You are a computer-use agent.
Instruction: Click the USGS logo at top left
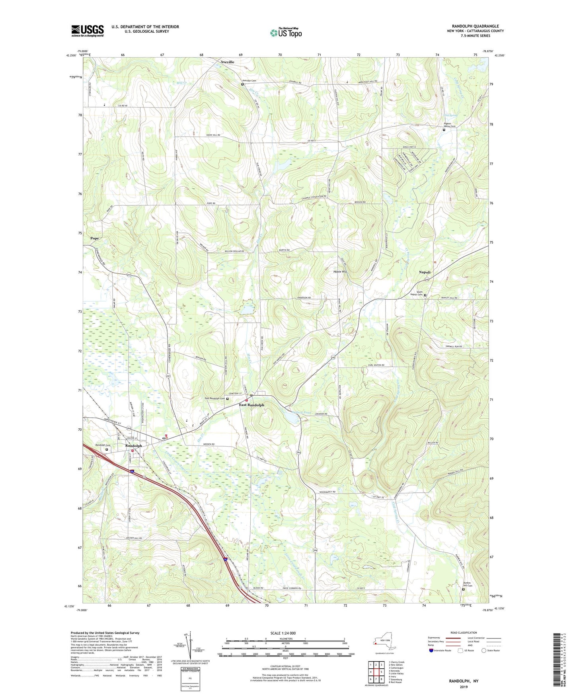88,31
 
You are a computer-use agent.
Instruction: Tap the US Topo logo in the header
285,32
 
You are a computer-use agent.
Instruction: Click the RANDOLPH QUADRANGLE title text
475,26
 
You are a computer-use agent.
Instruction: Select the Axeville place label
228,62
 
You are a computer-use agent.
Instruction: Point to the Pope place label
95,238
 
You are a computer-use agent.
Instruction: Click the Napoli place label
425,272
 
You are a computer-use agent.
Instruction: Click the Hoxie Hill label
340,271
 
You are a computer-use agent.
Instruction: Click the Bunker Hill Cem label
468,586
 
